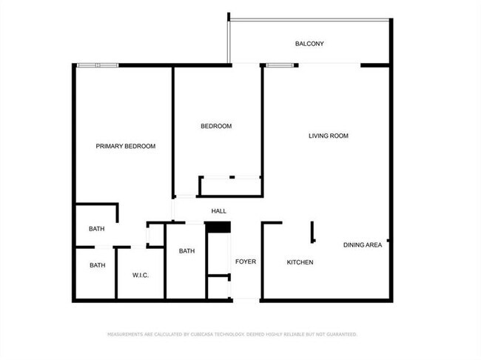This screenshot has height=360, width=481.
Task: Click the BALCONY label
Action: [309, 44]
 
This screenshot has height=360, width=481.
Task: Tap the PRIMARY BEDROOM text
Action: [126, 146]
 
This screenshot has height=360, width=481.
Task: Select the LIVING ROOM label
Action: [329, 136]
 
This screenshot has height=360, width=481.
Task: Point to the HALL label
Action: [218, 212]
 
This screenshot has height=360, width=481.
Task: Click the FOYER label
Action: [246, 261]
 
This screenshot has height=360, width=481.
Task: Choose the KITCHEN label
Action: [300, 262]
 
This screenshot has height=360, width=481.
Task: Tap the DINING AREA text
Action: [363, 244]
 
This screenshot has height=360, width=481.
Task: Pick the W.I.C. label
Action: [141, 276]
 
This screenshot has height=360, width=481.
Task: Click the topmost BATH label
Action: [97, 229]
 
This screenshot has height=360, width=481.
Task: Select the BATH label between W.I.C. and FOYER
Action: [186, 250]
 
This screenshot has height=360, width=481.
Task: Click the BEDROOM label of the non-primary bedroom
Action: [216, 126]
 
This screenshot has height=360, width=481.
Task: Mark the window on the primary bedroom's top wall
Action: [98, 65]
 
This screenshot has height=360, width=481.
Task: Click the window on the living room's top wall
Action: [279, 65]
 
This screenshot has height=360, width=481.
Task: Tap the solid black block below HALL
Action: [218, 227]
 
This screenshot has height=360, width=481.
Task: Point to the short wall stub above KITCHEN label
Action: [312, 231]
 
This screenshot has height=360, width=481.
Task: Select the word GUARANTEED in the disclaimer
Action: [340, 334]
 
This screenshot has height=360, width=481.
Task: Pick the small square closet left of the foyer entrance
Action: [218, 287]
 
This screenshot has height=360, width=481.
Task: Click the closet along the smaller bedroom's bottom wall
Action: [230, 186]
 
